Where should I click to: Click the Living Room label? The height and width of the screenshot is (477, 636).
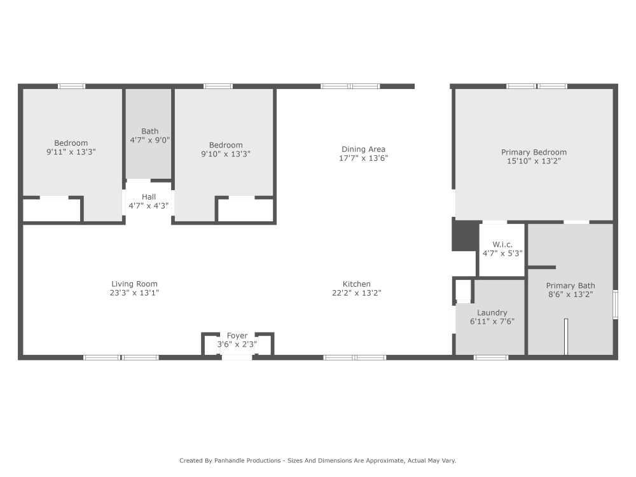tap(134, 284)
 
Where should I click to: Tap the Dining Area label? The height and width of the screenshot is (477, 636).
tap(363, 149)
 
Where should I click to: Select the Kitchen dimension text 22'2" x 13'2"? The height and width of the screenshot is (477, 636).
tap(356, 293)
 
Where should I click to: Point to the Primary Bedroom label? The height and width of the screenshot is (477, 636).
tap(534, 152)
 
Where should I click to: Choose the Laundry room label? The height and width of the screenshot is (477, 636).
tap(492, 312)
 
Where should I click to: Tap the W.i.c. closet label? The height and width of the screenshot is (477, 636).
tap(502, 244)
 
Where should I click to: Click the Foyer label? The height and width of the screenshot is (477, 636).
tap(237, 336)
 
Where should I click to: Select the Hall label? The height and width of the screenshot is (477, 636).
tap(149, 197)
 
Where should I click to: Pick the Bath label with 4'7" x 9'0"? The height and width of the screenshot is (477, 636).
tap(150, 132)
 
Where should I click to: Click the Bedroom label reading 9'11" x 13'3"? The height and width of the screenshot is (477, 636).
tap(71, 143)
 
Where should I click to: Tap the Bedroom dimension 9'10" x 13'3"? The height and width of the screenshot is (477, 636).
tap(226, 153)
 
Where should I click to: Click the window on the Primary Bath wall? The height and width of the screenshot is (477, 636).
tap(615, 304)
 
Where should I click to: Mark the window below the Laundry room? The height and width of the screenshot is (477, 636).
tap(491, 357)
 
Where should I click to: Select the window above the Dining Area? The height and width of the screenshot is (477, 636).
tap(350, 86)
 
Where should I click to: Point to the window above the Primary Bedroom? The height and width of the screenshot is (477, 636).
tap(537, 86)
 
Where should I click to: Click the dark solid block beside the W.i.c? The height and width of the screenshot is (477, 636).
tap(464, 235)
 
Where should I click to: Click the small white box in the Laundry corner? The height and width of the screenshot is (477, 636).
tap(463, 289)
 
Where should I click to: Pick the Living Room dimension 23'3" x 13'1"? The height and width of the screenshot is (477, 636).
tap(134, 293)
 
